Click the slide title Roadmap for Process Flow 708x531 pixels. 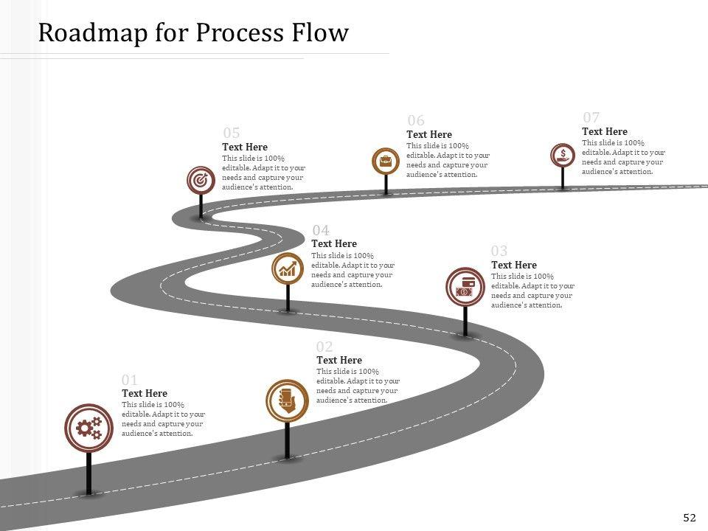[192, 33]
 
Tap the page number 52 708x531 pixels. [690, 518]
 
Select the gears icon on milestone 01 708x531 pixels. [88, 427]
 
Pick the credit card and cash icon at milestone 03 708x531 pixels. [465, 287]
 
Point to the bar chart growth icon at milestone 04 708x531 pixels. [288, 268]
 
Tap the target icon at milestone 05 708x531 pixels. [200, 179]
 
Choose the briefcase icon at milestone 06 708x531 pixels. [385, 161]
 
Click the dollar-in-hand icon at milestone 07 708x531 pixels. [563, 155]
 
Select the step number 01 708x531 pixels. [130, 380]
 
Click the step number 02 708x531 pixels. [324, 347]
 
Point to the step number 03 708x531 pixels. [499, 251]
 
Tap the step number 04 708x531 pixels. [320, 231]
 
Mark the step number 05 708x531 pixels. [231, 133]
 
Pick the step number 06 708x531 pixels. [416, 121]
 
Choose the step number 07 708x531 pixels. [591, 118]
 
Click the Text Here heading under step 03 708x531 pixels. [513, 265]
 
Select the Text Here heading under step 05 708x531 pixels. [244, 147]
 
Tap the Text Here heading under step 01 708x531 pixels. [144, 393]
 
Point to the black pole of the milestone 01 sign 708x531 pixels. [88, 472]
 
